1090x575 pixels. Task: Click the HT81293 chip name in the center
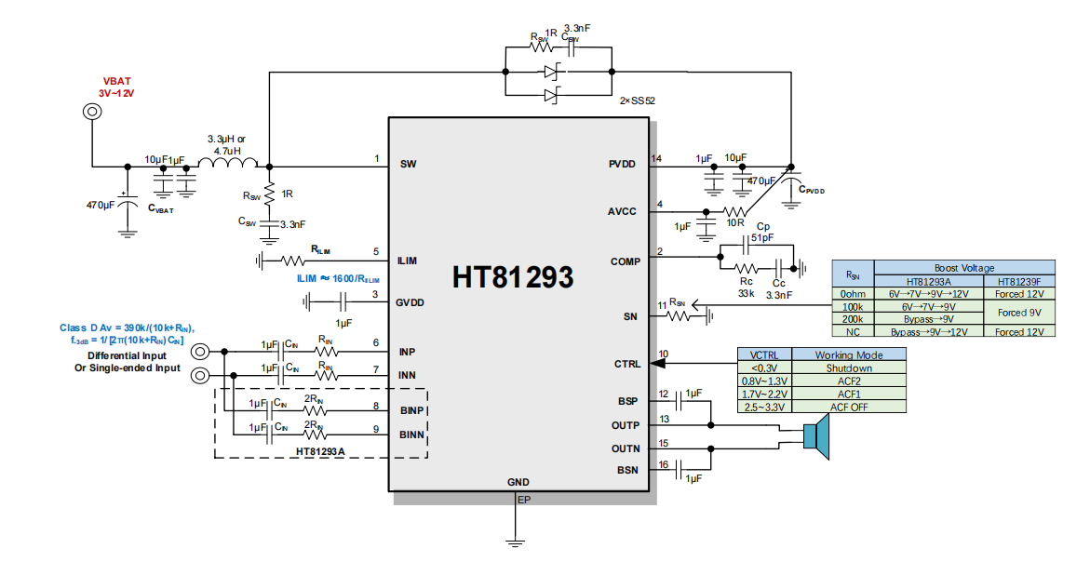(513, 277)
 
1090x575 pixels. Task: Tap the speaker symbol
(815, 436)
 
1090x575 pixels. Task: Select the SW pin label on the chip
(408, 164)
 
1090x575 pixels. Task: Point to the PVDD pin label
(623, 164)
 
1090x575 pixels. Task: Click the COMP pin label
(624, 261)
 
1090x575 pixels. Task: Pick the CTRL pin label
(626, 364)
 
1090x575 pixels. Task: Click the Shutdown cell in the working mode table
(847, 368)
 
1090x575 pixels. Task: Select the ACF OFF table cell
(847, 407)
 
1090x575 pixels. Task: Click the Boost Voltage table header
(963, 268)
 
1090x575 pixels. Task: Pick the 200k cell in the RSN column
(851, 319)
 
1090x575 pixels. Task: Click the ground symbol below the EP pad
(513, 540)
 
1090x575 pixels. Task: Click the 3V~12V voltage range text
(116, 93)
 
